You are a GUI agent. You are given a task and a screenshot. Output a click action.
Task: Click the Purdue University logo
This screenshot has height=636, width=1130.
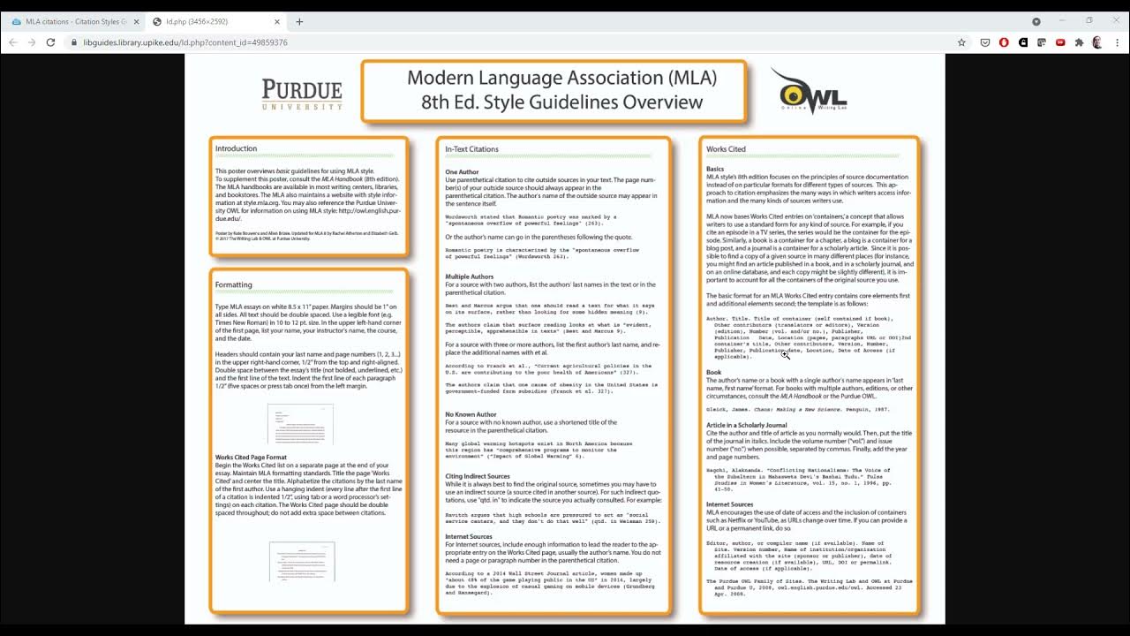(x=302, y=94)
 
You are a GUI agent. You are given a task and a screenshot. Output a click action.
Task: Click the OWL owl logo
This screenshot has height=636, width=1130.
(x=801, y=91)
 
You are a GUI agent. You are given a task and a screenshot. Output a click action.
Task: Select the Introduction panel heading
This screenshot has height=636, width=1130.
(x=236, y=148)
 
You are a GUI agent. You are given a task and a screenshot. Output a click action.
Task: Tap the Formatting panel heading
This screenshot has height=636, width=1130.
(x=233, y=284)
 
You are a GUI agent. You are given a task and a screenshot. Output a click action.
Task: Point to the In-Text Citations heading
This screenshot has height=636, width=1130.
(x=471, y=149)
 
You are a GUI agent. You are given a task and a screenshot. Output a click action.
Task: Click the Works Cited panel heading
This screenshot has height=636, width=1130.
(x=726, y=149)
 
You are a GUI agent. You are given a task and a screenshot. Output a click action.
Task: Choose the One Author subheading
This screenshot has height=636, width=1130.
(x=462, y=172)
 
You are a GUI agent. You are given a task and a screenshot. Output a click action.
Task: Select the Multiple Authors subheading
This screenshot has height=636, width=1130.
(x=469, y=276)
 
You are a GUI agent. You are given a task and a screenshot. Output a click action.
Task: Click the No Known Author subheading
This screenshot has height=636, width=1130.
(x=471, y=414)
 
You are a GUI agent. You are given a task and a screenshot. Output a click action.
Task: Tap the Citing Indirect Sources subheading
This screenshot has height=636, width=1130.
(x=477, y=476)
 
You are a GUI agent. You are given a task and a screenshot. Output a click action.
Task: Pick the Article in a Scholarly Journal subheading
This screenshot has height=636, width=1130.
(x=746, y=425)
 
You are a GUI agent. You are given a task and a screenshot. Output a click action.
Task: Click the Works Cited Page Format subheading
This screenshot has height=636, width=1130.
(x=251, y=458)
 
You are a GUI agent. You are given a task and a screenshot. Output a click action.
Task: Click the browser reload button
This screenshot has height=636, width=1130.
(x=50, y=42)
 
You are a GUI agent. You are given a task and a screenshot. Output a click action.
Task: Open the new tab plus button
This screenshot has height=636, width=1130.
(x=299, y=21)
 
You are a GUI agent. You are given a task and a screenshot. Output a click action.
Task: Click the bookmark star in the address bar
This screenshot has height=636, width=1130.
(x=961, y=42)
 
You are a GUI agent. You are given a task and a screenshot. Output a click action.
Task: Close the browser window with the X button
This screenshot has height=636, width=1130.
(x=1113, y=21)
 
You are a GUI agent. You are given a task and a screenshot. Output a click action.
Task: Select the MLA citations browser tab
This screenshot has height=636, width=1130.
(x=75, y=21)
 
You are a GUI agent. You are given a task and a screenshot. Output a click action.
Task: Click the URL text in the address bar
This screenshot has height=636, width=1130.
(x=185, y=42)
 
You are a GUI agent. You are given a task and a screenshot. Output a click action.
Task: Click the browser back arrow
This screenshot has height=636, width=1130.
(x=12, y=42)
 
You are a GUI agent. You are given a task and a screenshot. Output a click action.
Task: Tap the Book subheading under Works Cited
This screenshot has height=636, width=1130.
(x=714, y=372)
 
